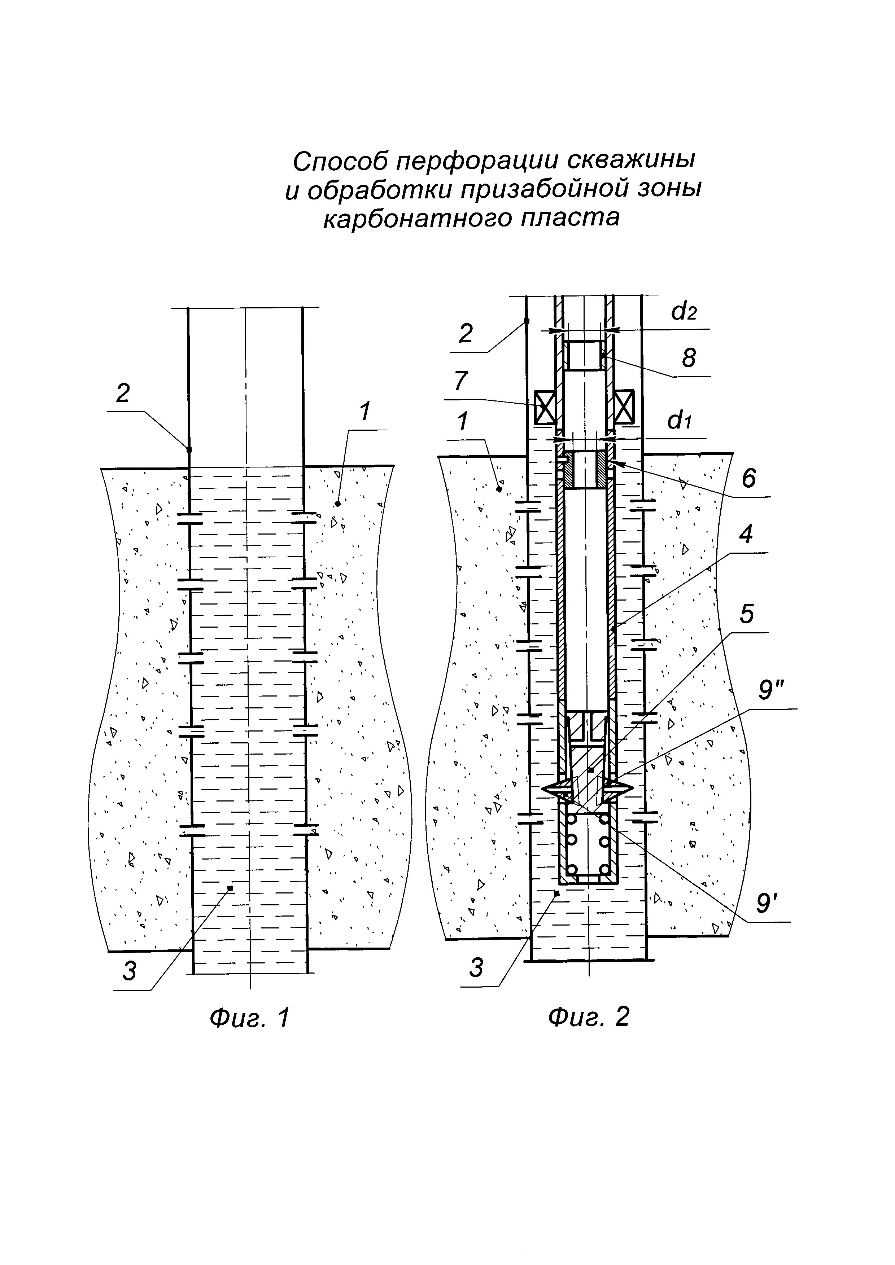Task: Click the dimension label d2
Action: pyautogui.click(x=684, y=312)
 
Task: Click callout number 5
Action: pyautogui.click(x=746, y=614)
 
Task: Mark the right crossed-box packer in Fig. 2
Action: pyautogui.click(x=625, y=408)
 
